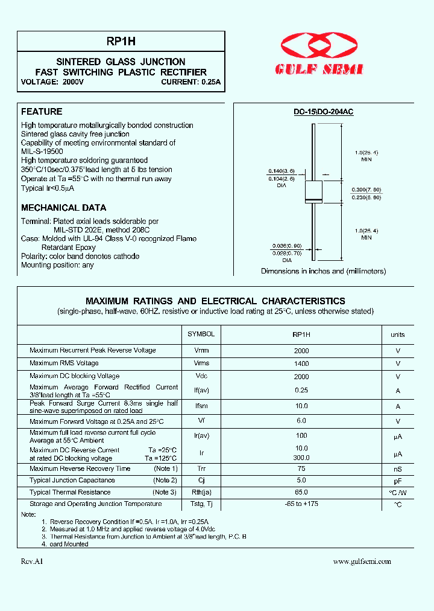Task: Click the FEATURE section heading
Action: [x=42, y=112]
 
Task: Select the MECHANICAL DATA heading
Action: [x=63, y=208]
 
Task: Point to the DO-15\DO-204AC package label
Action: [x=324, y=112]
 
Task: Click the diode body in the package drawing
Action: [x=312, y=191]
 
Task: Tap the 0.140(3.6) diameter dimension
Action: [x=278, y=171]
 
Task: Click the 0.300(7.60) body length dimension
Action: [x=366, y=189]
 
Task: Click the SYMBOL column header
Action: [x=201, y=334]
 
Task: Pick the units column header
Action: [x=398, y=334]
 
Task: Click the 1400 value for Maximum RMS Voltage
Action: [x=301, y=363]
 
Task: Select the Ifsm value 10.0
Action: [x=301, y=406]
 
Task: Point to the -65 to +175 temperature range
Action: [x=301, y=504]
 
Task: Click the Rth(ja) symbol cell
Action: [x=201, y=493]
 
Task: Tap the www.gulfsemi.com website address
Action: [x=362, y=561]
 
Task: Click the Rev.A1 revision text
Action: [x=32, y=561]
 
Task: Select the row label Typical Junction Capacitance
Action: [x=72, y=481]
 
